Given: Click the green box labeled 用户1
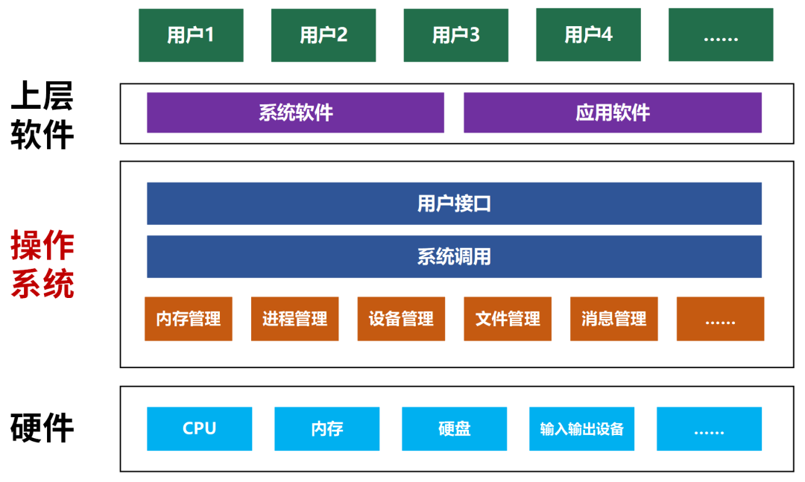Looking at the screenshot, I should click(191, 35).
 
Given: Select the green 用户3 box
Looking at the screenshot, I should click(455, 35).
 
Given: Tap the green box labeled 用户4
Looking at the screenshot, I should click(588, 34).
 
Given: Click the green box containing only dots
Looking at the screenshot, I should click(720, 35).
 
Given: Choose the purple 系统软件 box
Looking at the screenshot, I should click(295, 112).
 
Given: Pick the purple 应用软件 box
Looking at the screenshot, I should click(613, 112).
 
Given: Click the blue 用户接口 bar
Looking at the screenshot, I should click(454, 203).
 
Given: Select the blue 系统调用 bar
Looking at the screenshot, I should click(454, 256).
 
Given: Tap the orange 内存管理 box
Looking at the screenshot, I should click(189, 319).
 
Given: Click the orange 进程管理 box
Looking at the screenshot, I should click(294, 319).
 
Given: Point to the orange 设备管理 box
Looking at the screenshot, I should click(401, 319).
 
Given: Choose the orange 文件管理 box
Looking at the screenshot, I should click(508, 319).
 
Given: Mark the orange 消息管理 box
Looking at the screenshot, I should click(613, 319).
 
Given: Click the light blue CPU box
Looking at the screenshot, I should click(199, 428).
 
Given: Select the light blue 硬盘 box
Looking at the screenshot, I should click(454, 428).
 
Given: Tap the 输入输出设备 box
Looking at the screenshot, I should click(581, 428).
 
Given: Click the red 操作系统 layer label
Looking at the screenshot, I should click(42, 265).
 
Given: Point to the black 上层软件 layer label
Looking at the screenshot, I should click(42, 115).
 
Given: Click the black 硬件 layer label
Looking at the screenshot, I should click(42, 428).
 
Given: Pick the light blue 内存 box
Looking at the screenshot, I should click(326, 428).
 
